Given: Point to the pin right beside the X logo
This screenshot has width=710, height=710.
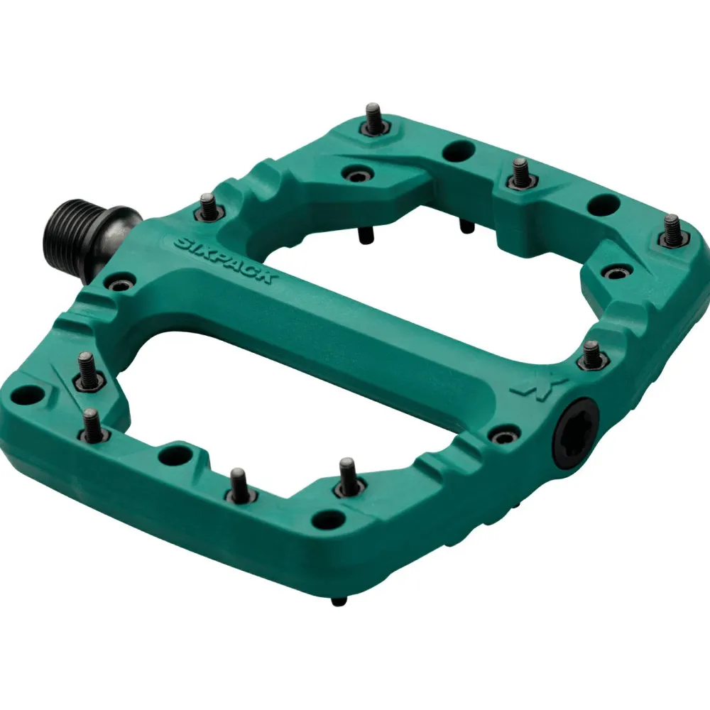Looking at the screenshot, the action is [x=591, y=355].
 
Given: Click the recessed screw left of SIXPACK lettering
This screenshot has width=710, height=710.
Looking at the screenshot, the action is [x=121, y=285].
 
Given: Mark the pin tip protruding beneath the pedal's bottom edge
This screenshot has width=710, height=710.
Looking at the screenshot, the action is [x=339, y=601].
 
